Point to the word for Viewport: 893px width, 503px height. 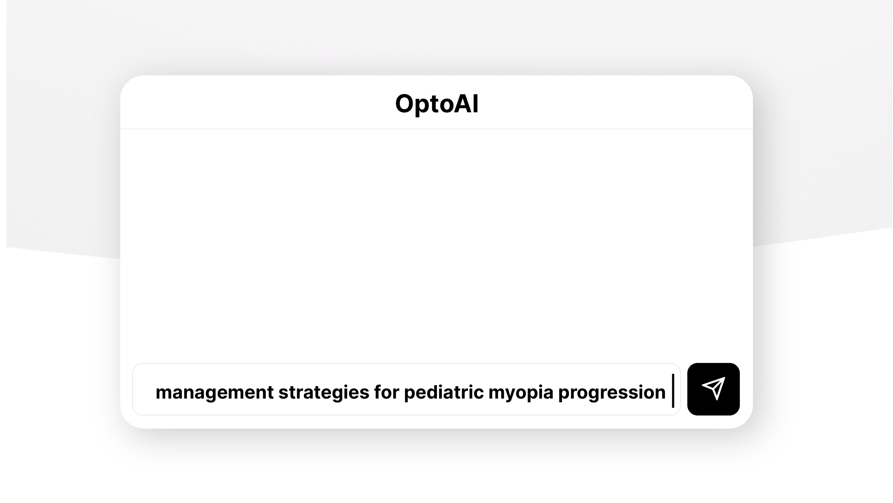pos(387,392)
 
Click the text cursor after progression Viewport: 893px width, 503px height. pos(673,391)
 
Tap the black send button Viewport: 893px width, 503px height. pos(713,389)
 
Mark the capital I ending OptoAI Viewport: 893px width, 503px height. pos(476,103)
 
